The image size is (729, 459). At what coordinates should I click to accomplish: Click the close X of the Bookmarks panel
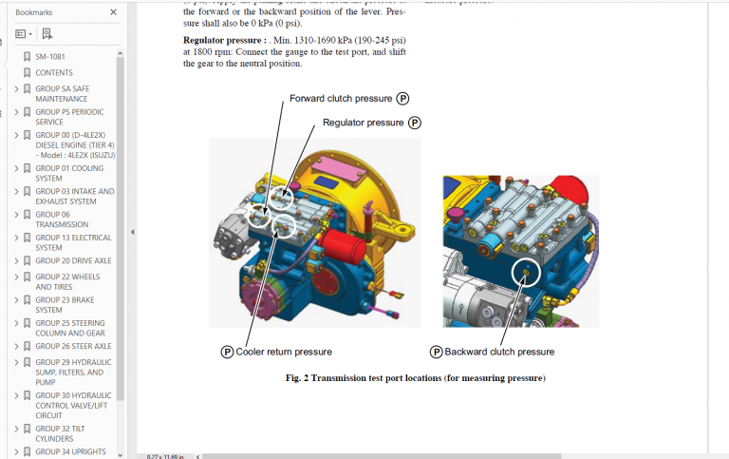click(113, 12)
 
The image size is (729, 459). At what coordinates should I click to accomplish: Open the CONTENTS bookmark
click(54, 73)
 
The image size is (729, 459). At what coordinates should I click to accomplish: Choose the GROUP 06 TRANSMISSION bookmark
click(62, 220)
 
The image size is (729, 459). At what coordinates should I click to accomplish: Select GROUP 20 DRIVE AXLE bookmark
click(73, 260)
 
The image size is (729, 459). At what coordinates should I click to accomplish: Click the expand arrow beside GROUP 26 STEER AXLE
click(16, 347)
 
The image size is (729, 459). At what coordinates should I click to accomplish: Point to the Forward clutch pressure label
click(340, 98)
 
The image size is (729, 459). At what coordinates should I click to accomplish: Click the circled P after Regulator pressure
click(414, 123)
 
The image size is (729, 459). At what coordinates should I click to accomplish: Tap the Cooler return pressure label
click(283, 352)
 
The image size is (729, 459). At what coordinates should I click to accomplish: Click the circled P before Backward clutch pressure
click(436, 352)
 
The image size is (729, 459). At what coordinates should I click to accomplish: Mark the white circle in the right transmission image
click(525, 274)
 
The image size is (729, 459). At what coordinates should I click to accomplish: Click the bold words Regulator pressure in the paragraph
click(224, 41)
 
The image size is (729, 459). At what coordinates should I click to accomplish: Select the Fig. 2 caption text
click(415, 378)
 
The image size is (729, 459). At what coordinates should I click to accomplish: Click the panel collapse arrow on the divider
click(132, 232)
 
